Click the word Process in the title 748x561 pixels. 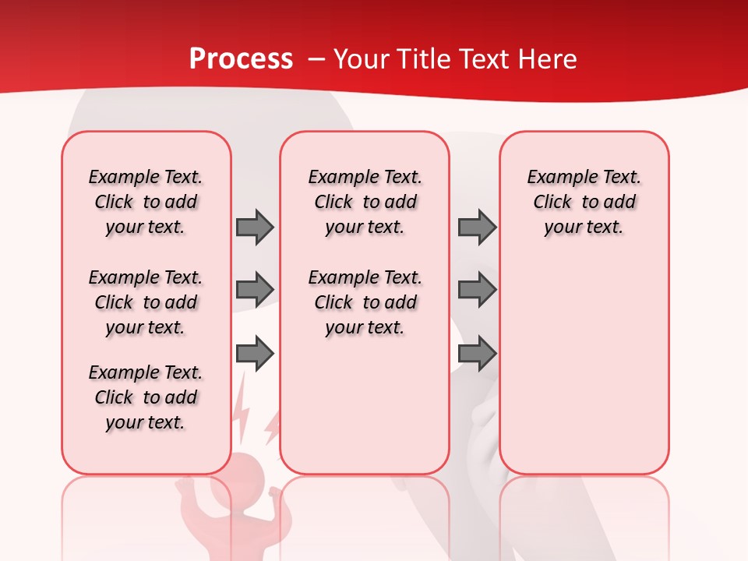coord(241,59)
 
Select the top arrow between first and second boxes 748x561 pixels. coord(255,227)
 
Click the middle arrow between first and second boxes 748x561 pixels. coord(255,290)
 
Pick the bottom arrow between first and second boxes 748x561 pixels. coord(255,354)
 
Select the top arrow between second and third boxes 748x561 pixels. coord(477,227)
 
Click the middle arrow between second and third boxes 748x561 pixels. coord(477,290)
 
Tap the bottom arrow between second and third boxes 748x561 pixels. coord(477,354)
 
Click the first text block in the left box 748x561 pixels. coord(146,202)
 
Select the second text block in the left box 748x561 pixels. coord(146,302)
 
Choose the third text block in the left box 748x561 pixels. coord(146,397)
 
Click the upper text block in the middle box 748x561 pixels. coord(365,202)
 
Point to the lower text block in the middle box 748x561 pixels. coord(365,302)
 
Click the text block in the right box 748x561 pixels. coord(584,202)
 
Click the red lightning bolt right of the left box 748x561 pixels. coord(272,425)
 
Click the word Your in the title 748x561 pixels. coord(358,59)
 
